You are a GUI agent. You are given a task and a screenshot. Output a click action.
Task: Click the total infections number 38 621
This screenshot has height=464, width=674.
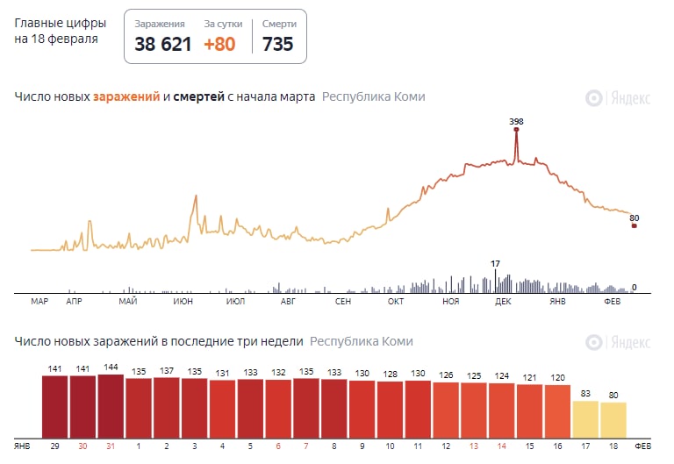(x=162, y=44)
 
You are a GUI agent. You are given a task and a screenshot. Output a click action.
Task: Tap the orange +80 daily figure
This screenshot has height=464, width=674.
(x=219, y=44)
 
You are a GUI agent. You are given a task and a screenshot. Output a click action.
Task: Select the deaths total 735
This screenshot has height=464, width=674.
(x=278, y=44)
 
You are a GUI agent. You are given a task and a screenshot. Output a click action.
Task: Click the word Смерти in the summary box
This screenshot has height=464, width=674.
(x=279, y=25)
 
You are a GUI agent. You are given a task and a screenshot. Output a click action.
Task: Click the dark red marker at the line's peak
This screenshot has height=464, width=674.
(x=516, y=130)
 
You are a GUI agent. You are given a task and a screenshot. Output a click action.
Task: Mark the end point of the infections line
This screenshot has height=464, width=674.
(x=635, y=226)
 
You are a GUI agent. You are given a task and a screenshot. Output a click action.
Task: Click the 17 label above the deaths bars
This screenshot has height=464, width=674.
(x=495, y=263)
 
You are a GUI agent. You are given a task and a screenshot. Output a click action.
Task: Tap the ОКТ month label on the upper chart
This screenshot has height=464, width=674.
(x=396, y=302)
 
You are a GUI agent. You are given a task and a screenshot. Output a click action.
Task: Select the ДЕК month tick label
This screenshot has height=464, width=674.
(x=503, y=302)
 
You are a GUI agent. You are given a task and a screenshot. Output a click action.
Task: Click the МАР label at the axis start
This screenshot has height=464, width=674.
(x=39, y=302)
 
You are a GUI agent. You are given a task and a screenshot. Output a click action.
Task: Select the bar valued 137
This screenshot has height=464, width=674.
(x=167, y=407)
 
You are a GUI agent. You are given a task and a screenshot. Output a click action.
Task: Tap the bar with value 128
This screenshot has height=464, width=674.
(x=390, y=409)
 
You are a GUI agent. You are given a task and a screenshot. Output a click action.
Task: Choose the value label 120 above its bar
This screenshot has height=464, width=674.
(x=558, y=377)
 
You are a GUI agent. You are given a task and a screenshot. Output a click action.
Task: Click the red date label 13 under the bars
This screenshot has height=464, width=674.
(x=474, y=446)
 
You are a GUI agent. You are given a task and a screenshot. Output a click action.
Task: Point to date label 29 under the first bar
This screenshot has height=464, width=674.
(x=55, y=446)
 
